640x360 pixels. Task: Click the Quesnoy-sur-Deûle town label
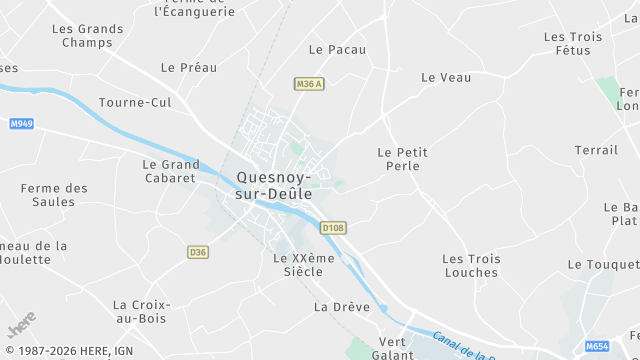click(x=273, y=186)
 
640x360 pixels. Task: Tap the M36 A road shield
click(x=309, y=84)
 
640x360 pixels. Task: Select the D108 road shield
click(x=333, y=228)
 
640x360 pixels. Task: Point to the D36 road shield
click(x=198, y=252)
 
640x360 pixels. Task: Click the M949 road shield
click(x=22, y=124)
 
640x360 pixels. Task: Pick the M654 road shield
click(x=597, y=346)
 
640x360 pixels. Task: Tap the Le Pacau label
click(x=337, y=49)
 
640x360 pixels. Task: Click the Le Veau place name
click(x=446, y=77)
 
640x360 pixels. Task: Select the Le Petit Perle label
click(x=402, y=159)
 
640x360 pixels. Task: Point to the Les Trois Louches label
click(x=470, y=265)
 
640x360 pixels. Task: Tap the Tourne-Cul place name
click(x=135, y=102)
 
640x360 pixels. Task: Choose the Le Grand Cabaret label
click(x=170, y=171)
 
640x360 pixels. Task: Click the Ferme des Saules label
click(x=54, y=195)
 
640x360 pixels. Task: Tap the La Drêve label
click(x=335, y=306)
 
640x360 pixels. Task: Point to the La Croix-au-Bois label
click(x=141, y=312)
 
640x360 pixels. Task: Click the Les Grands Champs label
click(x=87, y=36)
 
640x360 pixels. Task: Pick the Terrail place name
click(x=596, y=150)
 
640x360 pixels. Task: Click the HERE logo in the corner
click(x=21, y=325)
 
